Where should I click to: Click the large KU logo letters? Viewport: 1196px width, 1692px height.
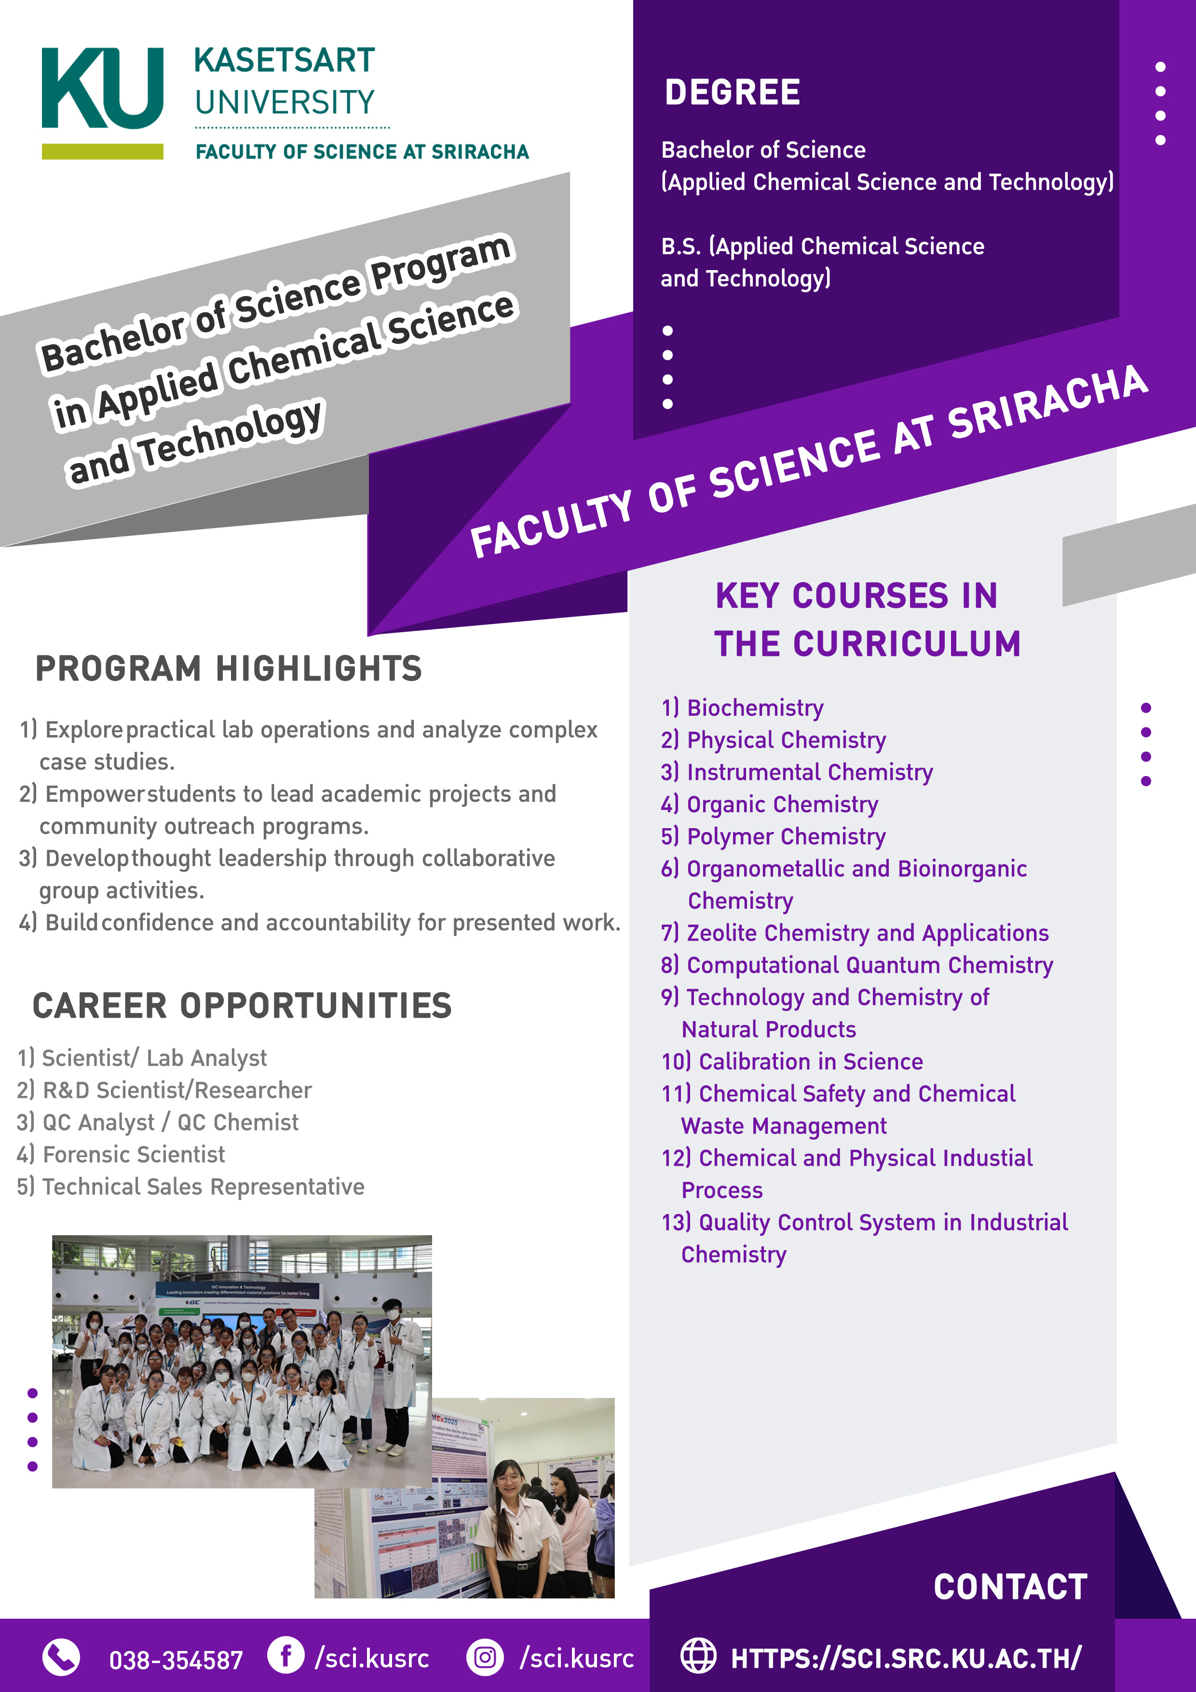102,88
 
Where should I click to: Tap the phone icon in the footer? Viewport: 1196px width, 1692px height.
61,1657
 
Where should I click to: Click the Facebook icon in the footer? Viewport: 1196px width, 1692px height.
286,1655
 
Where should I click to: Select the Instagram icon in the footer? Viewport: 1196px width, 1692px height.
485,1657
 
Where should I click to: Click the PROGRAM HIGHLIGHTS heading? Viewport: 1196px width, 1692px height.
229,669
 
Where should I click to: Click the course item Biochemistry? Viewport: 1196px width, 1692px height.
755,708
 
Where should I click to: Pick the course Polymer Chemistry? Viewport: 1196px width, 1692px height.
786,836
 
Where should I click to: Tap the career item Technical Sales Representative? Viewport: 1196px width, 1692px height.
203,1187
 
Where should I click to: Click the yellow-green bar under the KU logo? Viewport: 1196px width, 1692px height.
102,151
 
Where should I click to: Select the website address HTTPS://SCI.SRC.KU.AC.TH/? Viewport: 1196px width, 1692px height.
906,1658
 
